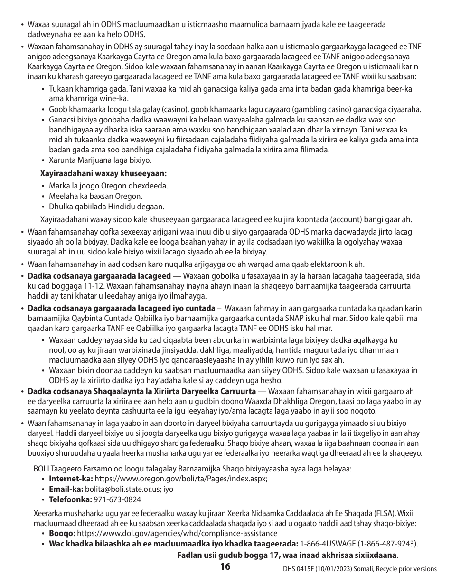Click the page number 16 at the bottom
[x=225, y=566]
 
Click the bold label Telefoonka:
[x=70, y=499]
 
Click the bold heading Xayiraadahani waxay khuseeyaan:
[x=103, y=174]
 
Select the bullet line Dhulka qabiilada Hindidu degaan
[x=107, y=207]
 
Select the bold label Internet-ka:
[x=71, y=479]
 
